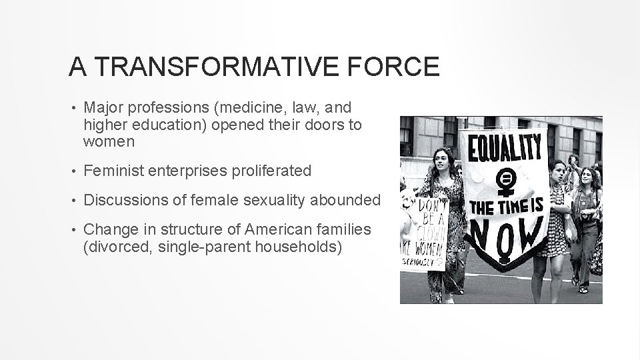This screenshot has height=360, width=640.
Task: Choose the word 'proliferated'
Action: coord(273,171)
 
